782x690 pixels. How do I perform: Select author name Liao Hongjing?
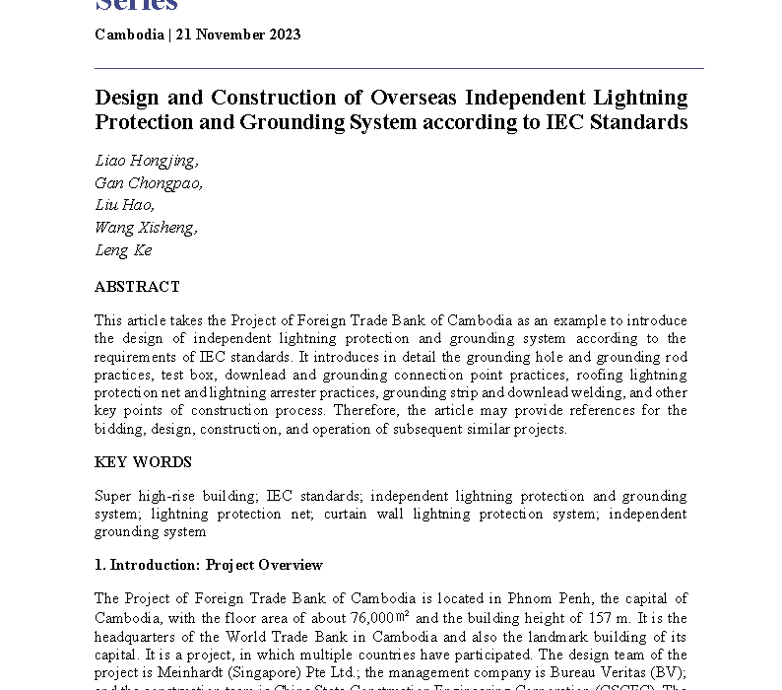coord(146,161)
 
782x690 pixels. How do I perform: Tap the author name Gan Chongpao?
coord(149,183)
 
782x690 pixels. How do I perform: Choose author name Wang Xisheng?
coord(146,228)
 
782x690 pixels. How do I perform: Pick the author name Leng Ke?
coord(123,250)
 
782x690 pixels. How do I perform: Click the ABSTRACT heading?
coord(137,287)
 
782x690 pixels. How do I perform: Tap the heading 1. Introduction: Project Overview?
coord(209,565)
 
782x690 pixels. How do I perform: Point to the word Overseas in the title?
coord(406,98)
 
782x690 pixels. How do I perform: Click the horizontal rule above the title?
coord(399,68)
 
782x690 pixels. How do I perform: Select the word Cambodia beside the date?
coord(128,34)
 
